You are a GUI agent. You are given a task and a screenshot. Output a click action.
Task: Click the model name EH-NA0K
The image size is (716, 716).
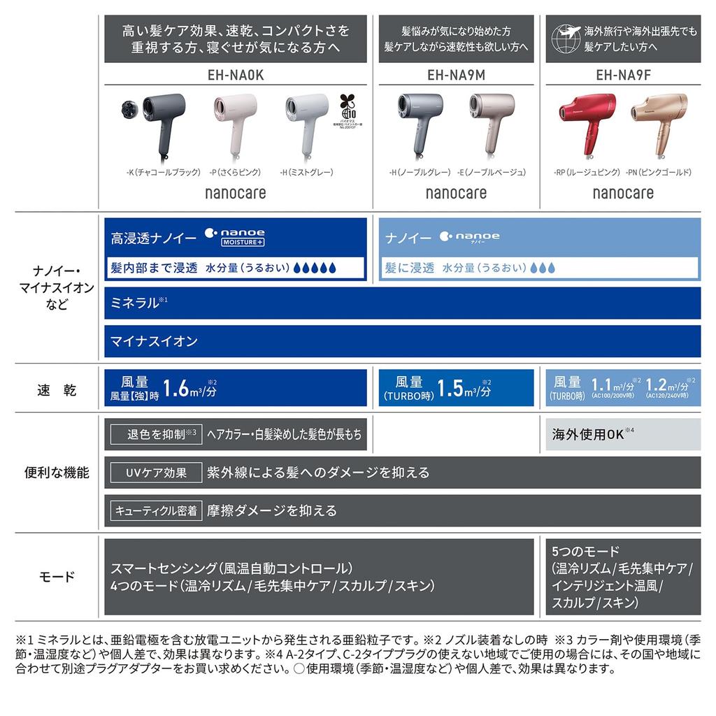point(236,75)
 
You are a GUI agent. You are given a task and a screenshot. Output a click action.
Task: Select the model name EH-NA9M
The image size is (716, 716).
point(455,75)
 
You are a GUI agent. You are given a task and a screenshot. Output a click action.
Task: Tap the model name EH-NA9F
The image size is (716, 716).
point(623,75)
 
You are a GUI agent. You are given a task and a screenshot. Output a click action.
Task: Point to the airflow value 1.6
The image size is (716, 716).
point(177,388)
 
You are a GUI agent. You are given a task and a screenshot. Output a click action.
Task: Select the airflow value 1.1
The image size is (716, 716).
point(602,385)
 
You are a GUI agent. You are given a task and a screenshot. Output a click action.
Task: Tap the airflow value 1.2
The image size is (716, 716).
point(656,385)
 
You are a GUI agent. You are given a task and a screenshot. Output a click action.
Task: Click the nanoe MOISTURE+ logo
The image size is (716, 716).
point(234,236)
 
